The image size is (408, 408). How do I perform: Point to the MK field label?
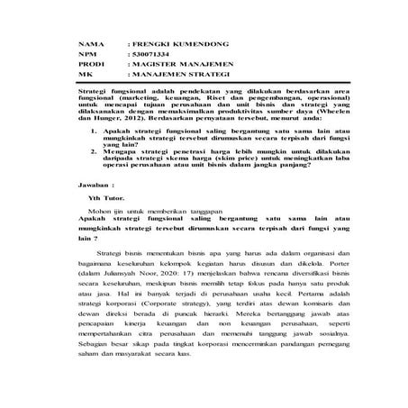86,76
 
